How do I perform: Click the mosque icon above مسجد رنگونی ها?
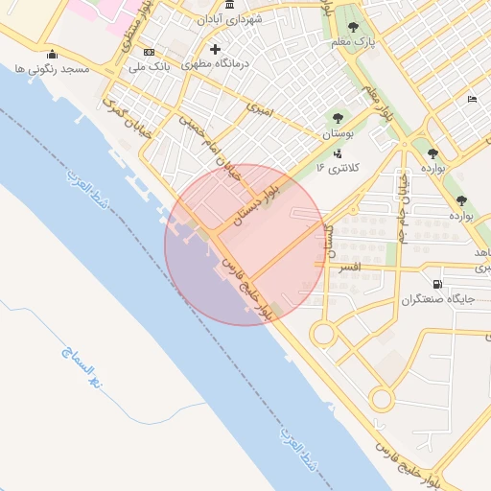(52, 54)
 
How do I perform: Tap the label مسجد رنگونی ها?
(52, 70)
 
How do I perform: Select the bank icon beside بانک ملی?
(148, 52)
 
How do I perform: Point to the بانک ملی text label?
(148, 67)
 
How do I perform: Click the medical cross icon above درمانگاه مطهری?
(215, 49)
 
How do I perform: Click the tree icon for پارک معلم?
(353, 27)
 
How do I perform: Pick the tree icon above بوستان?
(337, 119)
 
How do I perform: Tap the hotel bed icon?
(471, 100)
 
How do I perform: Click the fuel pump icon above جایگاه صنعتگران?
(437, 284)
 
